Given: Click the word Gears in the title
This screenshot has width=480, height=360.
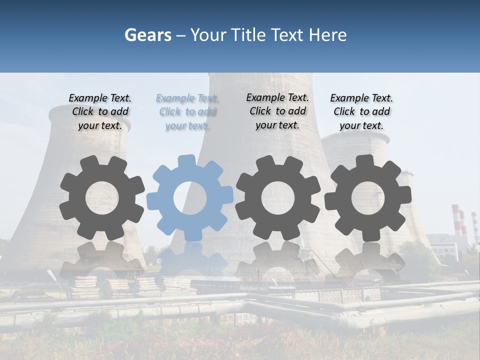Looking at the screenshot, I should (x=146, y=35).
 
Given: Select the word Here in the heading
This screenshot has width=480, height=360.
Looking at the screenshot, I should (x=328, y=35).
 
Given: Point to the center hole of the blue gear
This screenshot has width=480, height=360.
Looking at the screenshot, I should (x=190, y=198).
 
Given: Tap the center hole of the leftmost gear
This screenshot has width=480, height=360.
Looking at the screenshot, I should (x=102, y=198).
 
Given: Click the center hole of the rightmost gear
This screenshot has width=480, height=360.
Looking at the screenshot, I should (x=368, y=198).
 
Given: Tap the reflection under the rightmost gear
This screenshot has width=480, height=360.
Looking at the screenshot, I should (x=368, y=257).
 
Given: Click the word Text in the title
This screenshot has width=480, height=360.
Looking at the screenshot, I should (x=288, y=35).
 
